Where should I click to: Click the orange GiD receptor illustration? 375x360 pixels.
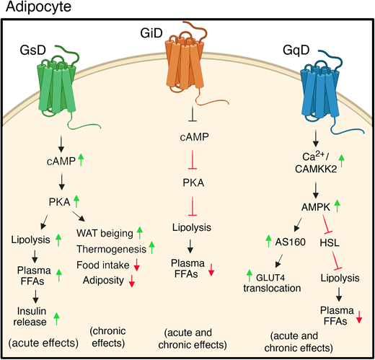click(186, 72)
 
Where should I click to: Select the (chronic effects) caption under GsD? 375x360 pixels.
click(106, 335)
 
